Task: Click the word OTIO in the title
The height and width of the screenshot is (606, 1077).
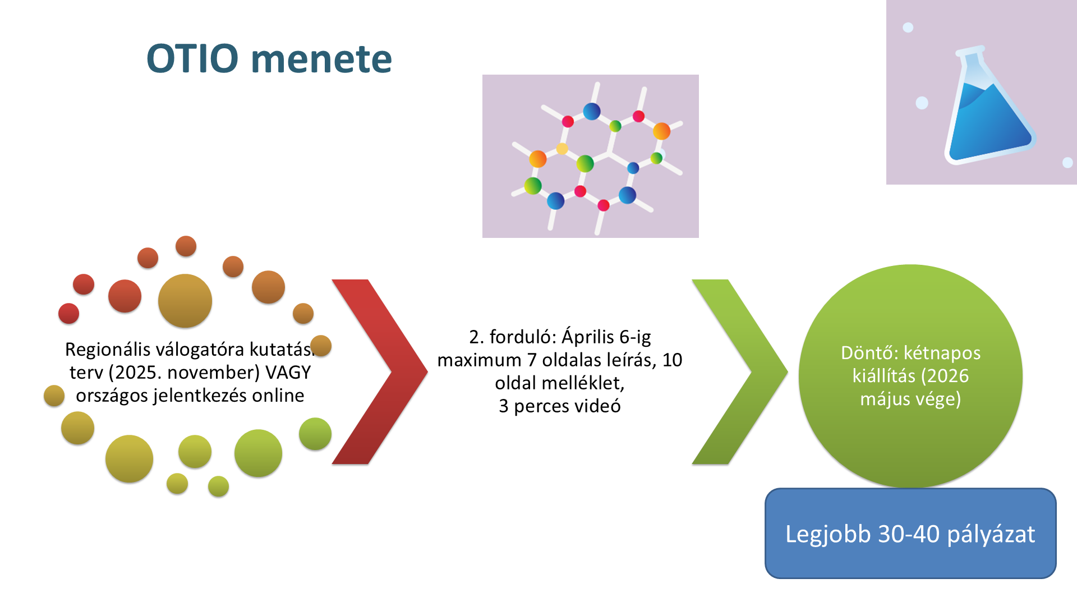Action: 192,58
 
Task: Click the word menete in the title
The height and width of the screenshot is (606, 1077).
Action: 321,59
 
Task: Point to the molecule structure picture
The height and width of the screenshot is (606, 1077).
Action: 590,156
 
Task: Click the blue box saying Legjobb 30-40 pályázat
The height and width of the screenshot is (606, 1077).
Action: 910,533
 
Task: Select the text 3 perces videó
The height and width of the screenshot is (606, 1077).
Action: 559,406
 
